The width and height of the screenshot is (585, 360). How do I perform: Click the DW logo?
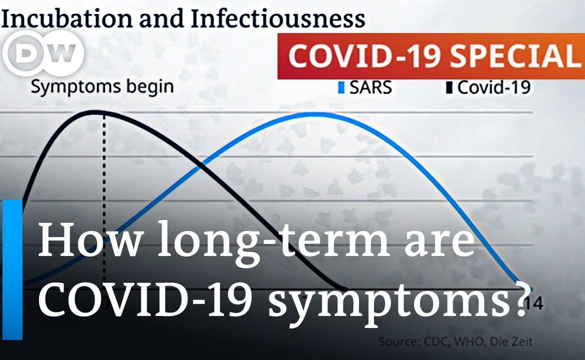coord(43,53)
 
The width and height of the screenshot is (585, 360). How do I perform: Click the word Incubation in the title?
coord(67,18)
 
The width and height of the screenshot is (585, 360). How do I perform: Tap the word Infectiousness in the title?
coord(277,18)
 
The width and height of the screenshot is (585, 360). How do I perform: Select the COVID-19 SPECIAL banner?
coord(431,56)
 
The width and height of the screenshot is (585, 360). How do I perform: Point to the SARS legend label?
coord(370,87)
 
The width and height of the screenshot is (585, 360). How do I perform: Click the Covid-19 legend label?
coord(493,87)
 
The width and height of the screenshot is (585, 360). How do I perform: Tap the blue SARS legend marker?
coord(341,88)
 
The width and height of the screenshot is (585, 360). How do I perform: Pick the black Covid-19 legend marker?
coord(449,88)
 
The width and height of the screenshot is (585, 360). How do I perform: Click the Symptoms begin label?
coord(102,87)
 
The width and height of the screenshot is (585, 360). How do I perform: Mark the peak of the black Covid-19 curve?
coord(96,111)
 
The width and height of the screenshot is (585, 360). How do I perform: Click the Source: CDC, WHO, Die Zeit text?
coord(455,341)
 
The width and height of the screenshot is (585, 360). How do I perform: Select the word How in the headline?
coord(89,239)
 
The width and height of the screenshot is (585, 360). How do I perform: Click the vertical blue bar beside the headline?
coord(12,269)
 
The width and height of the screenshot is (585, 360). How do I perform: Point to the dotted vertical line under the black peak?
coord(104,197)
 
